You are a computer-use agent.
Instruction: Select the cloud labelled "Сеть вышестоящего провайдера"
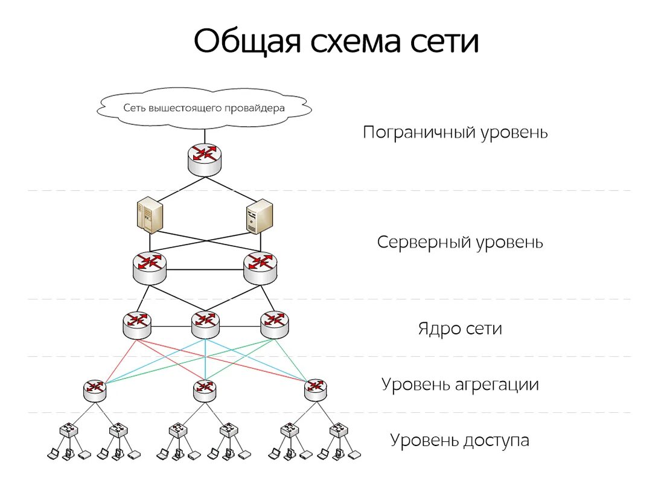[x=204, y=109]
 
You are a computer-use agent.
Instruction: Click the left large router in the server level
[x=149, y=267]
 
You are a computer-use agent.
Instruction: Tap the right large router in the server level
[x=261, y=267]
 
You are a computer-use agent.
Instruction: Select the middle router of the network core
[x=205, y=324]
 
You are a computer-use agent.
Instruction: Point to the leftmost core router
[x=136, y=324]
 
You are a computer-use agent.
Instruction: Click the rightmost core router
[x=275, y=324]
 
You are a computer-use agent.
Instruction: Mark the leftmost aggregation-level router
[x=95, y=390]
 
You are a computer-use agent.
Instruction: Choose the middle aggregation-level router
[x=205, y=390]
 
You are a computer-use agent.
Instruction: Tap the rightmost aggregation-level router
[x=315, y=390]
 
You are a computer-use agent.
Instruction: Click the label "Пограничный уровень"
[x=455, y=132]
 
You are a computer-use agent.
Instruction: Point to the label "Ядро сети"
[x=460, y=329]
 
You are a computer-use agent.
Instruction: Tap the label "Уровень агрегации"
[x=460, y=385]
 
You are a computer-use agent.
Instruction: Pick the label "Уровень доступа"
[x=460, y=441]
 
